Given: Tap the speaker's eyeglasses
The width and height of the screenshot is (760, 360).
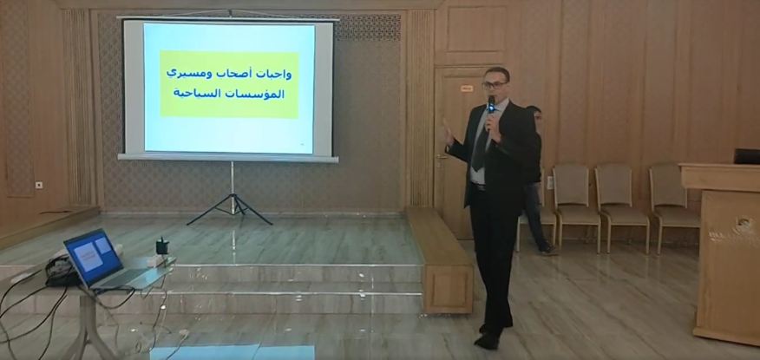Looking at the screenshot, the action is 495,85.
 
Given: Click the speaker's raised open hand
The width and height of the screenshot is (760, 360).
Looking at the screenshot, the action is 448,131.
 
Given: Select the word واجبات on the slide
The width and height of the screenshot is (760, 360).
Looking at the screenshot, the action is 274,74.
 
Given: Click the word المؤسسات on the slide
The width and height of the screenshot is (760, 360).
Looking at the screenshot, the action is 261,94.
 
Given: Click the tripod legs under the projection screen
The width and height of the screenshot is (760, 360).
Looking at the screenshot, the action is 231,208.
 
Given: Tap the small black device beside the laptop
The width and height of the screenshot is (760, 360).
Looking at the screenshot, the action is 162,246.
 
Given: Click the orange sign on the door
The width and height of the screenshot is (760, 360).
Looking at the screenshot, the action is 466,88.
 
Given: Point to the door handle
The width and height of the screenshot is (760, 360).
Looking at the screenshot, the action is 441,157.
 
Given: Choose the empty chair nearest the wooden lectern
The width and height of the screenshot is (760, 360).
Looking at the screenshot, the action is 673,204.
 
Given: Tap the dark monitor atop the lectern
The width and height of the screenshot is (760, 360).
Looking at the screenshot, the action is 747,156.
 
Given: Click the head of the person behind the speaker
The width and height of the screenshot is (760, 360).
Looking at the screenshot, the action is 534,114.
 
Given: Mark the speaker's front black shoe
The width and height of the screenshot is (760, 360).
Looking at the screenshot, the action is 487,341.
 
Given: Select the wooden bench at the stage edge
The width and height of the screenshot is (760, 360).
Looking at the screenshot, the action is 439,260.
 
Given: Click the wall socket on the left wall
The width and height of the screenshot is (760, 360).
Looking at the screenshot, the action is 39,185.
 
